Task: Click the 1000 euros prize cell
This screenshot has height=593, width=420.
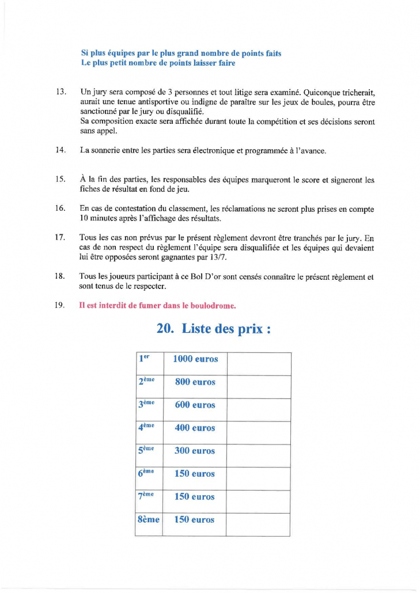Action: point(195,359)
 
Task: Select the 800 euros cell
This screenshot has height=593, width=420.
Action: point(195,382)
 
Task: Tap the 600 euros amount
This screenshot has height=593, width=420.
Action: point(195,405)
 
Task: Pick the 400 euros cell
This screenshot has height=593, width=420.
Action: point(195,428)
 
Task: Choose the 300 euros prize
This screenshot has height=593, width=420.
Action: point(195,451)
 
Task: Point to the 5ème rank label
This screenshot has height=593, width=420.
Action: point(146,450)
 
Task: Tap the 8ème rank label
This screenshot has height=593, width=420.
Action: point(149,519)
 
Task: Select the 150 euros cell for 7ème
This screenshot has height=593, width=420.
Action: point(194,496)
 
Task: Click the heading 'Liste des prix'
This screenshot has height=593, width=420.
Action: point(213,329)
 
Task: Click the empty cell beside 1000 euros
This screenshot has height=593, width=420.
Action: point(259,363)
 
